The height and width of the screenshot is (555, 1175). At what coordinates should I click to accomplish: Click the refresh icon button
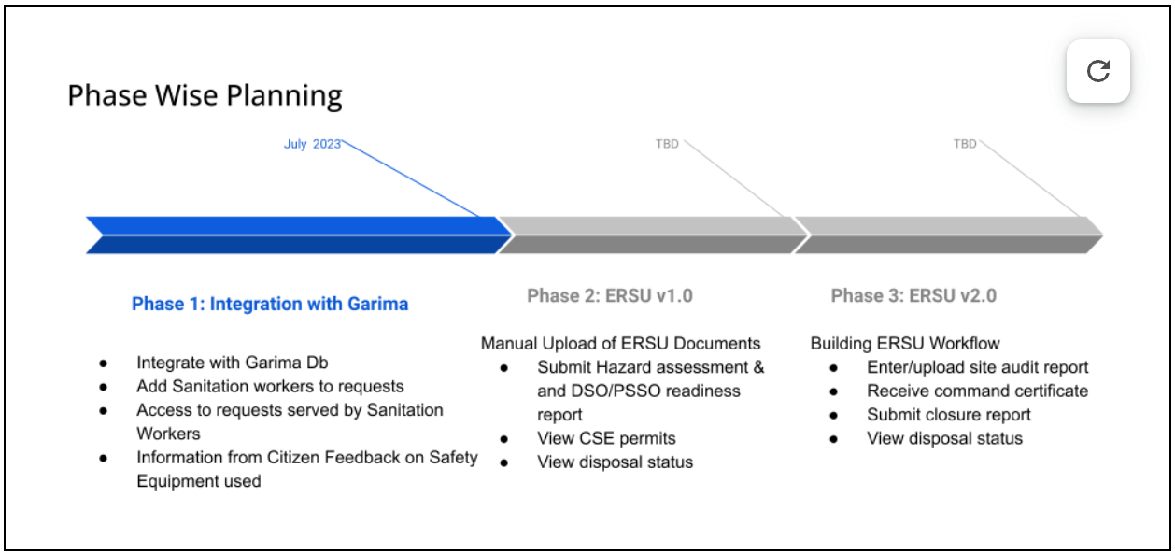1098,71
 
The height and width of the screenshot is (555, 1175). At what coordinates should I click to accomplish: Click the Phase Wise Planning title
205,95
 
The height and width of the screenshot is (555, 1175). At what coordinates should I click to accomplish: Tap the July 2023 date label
312,144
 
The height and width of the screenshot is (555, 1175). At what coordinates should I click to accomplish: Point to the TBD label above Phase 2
667,144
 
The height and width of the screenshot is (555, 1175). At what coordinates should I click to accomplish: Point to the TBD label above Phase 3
965,144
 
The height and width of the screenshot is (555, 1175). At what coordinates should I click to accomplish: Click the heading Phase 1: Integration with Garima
270,304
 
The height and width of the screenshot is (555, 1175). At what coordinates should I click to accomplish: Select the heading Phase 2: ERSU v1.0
610,296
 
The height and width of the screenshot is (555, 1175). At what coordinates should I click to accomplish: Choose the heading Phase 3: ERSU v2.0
913,296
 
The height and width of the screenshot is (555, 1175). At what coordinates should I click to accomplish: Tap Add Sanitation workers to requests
270,386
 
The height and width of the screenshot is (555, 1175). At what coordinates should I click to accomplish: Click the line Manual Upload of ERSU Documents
620,344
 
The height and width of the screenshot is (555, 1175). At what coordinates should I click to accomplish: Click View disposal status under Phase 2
615,462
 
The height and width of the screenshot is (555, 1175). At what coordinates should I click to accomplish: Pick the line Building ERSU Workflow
905,344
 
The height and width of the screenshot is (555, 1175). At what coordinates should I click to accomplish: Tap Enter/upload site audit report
977,367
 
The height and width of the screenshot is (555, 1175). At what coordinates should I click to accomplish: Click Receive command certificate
977,391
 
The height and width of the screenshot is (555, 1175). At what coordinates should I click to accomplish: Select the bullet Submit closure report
949,415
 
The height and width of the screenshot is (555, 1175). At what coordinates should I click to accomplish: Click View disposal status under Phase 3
944,438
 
